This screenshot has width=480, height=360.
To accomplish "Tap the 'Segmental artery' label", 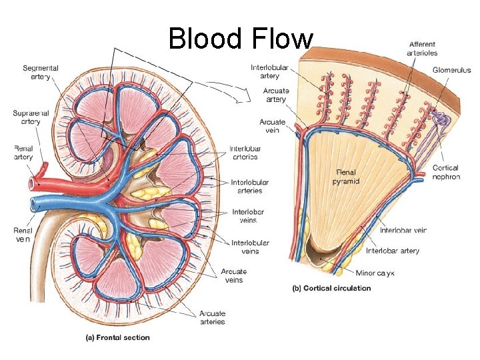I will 41,72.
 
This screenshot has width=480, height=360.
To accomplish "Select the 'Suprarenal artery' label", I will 27,117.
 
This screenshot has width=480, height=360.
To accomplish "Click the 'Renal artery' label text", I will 23,153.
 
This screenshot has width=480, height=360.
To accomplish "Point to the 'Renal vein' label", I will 22,234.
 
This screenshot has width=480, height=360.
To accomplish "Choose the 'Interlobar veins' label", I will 244,216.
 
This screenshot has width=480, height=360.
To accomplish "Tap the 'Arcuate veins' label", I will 233,275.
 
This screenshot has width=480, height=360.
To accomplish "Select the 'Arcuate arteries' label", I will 212,317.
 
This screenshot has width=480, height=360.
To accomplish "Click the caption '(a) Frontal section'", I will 117,337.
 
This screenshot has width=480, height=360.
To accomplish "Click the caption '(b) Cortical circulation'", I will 332,288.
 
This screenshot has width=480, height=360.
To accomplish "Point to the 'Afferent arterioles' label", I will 423,49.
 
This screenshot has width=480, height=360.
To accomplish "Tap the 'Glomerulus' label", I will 451,69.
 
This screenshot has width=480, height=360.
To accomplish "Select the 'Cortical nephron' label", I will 446,172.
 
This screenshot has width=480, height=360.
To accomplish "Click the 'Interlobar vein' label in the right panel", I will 403,230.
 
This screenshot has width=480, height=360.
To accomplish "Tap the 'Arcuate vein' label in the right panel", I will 273,126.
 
